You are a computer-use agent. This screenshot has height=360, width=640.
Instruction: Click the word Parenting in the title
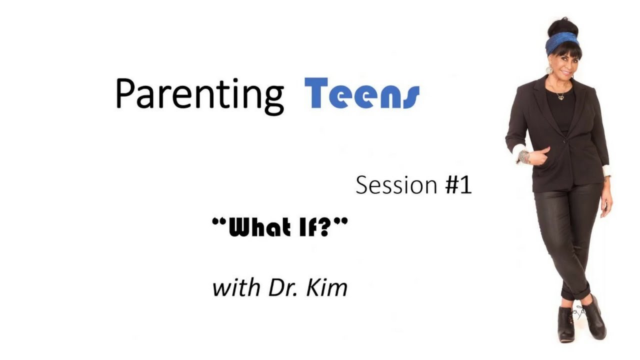point(199,95)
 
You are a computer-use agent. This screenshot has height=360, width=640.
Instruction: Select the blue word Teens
point(362,93)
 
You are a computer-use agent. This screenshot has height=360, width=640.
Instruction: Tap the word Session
point(396,185)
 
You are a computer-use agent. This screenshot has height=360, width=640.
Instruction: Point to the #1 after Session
point(459,185)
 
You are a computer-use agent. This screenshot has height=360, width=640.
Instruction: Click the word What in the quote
point(259,227)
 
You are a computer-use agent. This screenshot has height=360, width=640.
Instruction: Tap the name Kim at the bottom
point(327,287)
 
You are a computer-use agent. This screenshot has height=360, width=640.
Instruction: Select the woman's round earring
point(549,69)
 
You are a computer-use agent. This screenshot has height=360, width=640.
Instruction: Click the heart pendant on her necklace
point(561,98)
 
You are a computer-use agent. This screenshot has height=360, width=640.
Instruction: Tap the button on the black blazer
point(564,140)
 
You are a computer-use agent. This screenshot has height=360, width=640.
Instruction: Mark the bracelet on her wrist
point(524,156)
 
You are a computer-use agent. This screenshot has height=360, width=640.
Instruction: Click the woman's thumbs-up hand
point(538,155)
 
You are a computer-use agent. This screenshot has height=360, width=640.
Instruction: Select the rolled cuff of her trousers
point(575,292)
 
